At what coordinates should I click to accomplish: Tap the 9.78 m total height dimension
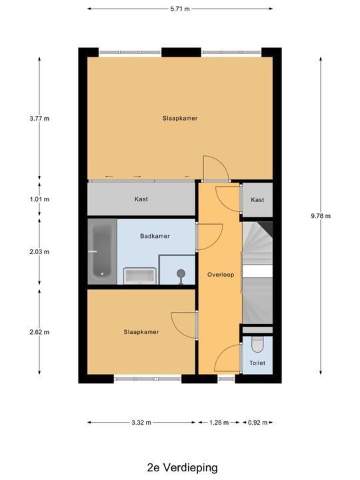(322, 215)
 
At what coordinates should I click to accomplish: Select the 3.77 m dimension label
(39, 119)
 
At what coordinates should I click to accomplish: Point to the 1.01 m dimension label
(39, 199)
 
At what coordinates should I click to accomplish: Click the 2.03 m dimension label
(39, 251)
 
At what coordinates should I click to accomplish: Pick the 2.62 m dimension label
(39, 331)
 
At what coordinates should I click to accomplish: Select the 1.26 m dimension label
(218, 422)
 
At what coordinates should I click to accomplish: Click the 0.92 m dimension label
(257, 422)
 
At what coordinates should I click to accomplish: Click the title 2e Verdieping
(179, 467)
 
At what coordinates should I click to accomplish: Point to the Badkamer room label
(155, 236)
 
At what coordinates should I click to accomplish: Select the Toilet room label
(257, 363)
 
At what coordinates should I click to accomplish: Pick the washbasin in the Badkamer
(141, 275)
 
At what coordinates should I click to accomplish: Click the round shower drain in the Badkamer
(180, 273)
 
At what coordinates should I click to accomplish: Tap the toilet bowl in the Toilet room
(258, 344)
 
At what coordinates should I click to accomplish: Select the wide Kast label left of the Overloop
(141, 199)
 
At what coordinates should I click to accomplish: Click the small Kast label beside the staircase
(257, 200)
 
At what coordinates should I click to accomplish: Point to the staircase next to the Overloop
(257, 273)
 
